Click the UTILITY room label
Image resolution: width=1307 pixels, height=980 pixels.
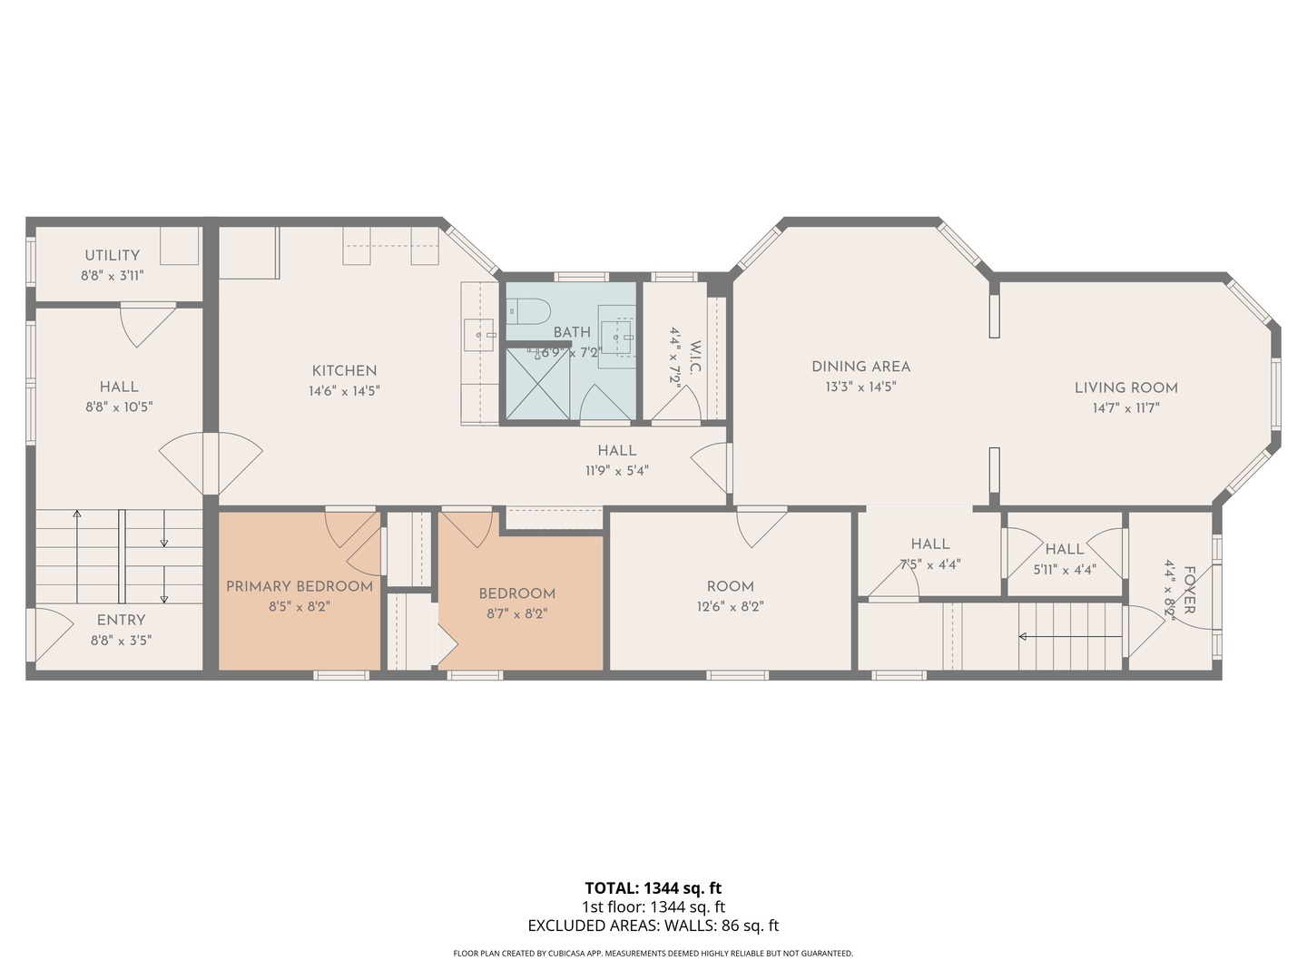(113, 255)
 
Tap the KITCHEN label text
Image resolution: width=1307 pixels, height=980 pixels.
(344, 370)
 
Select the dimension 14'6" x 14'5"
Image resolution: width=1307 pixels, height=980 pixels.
(344, 391)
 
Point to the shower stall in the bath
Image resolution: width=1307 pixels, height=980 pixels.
(539, 383)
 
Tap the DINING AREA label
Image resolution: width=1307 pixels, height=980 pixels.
(860, 367)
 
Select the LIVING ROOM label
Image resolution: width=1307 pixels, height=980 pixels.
(1125, 387)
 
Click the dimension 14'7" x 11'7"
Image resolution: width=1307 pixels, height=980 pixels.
(1125, 408)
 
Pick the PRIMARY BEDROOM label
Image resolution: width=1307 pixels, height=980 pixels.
(300, 586)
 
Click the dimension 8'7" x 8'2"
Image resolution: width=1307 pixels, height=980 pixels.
(516, 613)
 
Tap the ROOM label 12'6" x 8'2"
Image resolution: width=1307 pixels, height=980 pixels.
(730, 586)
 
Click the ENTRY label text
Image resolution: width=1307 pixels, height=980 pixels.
(121, 620)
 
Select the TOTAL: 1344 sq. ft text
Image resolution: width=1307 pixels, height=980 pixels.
(653, 887)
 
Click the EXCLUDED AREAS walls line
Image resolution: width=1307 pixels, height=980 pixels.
(653, 926)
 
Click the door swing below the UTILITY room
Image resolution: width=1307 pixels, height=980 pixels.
(146, 325)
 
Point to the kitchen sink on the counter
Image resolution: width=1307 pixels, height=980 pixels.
(478, 334)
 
